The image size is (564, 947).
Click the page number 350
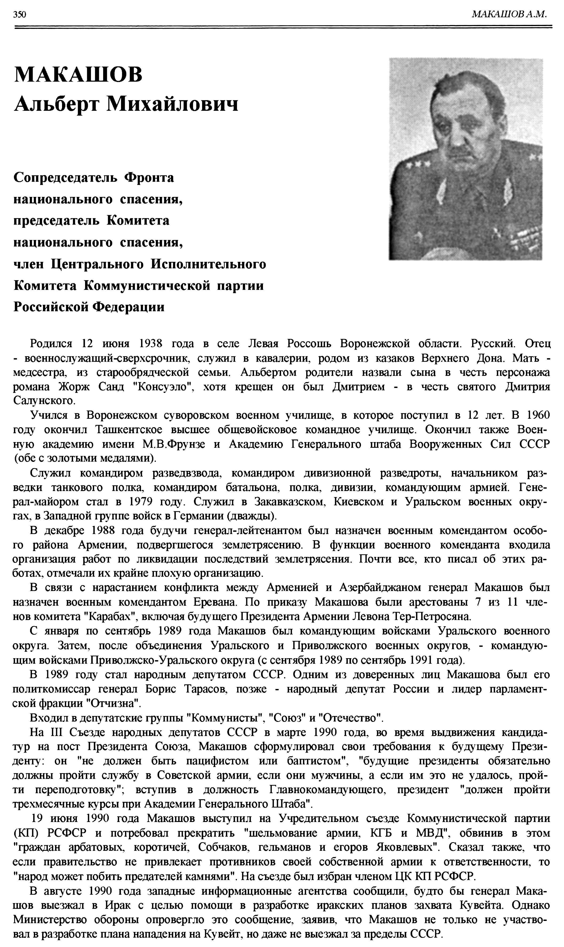pyautogui.click(x=19, y=14)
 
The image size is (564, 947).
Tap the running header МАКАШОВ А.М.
pyautogui.click(x=509, y=14)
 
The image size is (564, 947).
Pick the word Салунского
pyautogui.click(x=44, y=401)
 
